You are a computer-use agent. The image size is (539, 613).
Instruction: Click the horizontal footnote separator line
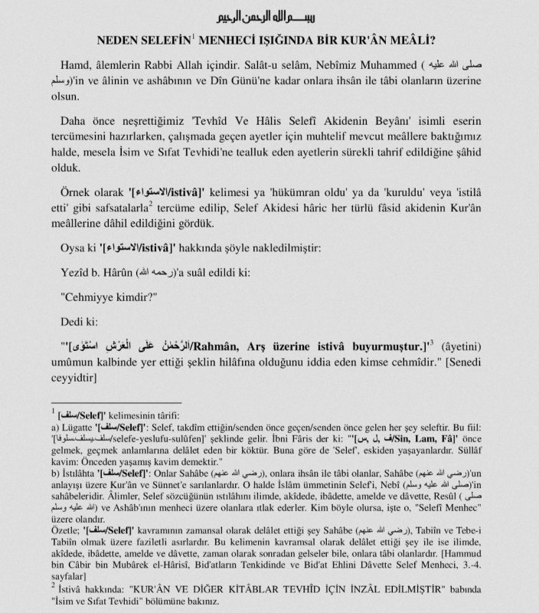(115, 402)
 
